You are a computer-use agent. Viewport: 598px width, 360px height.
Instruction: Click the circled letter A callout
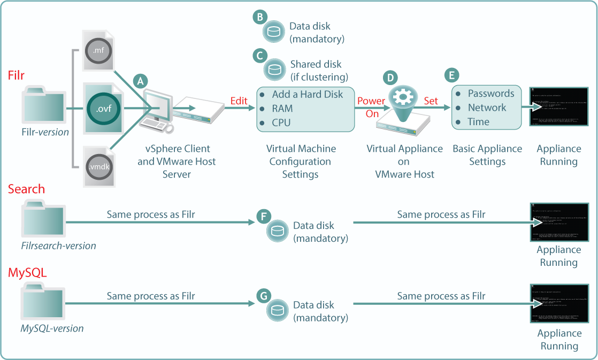tap(141, 81)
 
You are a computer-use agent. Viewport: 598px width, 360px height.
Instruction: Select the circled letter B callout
tap(259, 17)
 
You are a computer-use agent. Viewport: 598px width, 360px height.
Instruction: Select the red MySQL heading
tap(27, 273)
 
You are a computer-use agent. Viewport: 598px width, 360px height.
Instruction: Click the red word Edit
tap(239, 101)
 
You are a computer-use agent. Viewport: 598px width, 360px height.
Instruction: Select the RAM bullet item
tap(282, 109)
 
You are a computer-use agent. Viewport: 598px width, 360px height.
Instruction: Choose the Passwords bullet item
tap(491, 94)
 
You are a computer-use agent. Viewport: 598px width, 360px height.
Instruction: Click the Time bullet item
tap(478, 122)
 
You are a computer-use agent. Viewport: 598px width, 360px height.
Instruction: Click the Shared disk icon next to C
tap(274, 70)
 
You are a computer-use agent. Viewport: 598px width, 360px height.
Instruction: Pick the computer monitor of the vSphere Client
tap(156, 104)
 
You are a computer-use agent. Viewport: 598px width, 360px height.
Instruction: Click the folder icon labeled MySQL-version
tap(43, 302)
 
